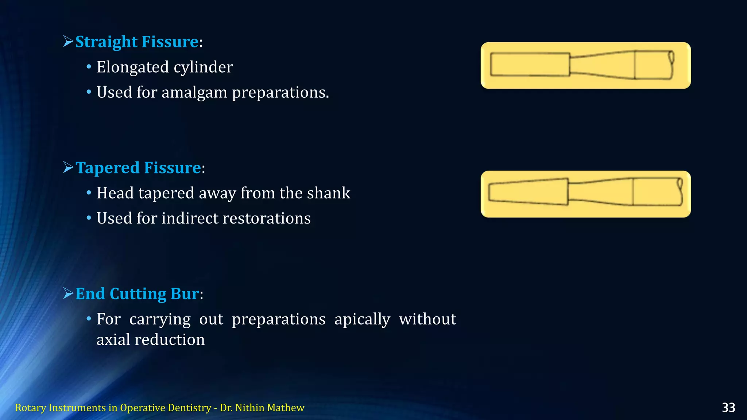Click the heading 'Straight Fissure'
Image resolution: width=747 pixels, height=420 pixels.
pos(137,42)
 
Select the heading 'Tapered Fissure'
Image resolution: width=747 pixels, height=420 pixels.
pos(138,168)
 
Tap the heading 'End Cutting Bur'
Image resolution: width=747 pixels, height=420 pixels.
pos(137,294)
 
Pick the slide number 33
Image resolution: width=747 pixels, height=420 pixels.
pos(728,408)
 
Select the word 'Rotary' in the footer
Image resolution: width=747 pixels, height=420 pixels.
pos(30,408)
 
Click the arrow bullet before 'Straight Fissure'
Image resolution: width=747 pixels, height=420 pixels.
pos(68,42)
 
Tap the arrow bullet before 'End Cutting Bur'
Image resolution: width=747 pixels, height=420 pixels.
pos(68,293)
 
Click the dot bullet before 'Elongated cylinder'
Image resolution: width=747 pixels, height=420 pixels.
pos(89,67)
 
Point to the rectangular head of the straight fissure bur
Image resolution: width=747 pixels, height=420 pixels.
pos(530,65)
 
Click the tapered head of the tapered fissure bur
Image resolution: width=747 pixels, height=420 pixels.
pos(528,192)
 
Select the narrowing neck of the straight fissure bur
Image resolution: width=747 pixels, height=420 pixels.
pos(602,65)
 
